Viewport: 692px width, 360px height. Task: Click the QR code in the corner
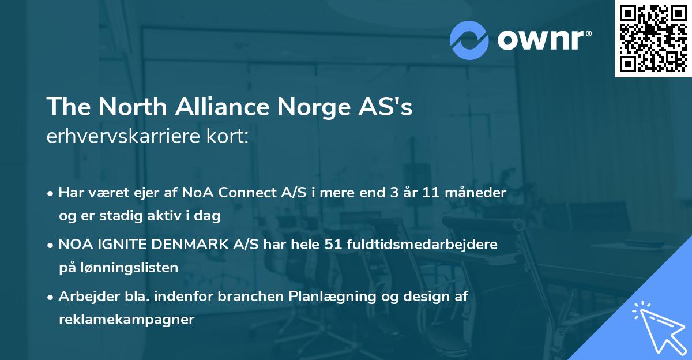pyautogui.click(x=653, y=38)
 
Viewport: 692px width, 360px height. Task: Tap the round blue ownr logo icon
pyautogui.click(x=469, y=40)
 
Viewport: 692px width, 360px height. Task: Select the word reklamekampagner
pyautogui.click(x=126, y=320)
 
